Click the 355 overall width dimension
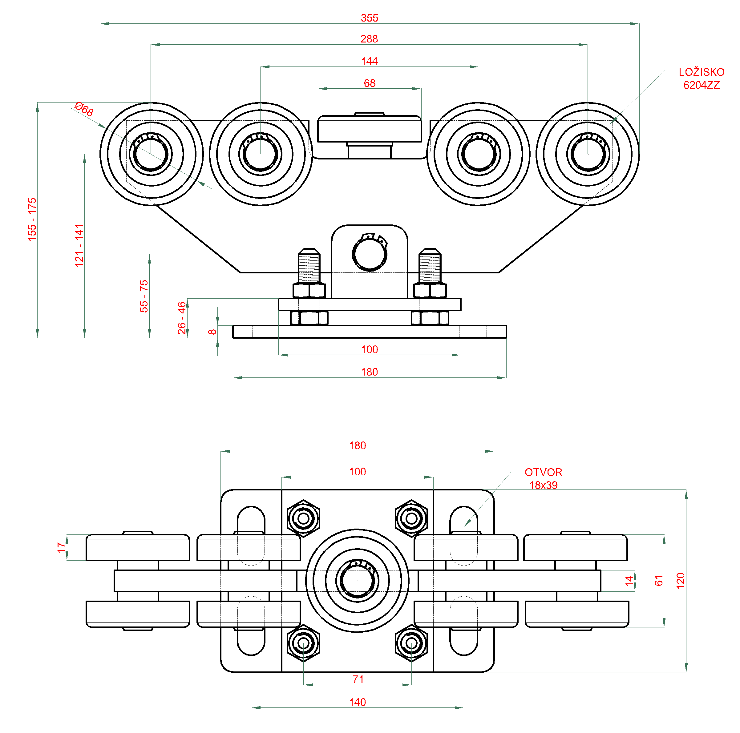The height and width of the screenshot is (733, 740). coord(369,18)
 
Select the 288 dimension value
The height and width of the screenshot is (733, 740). coord(369,39)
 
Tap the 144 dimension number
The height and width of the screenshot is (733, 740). coord(369,61)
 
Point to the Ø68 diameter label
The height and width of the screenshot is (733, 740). coord(84,109)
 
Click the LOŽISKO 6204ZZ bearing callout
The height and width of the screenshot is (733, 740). coord(701,79)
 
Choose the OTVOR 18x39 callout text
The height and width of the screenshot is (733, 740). coord(543,479)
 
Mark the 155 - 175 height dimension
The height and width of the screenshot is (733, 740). coord(32,219)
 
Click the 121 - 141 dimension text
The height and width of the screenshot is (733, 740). coord(79,245)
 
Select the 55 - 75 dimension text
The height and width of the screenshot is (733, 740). coord(144,296)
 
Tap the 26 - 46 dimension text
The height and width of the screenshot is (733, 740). coord(182,318)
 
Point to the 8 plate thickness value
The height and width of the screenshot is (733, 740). coord(212,332)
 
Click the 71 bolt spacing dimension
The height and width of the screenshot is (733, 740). coord(358,679)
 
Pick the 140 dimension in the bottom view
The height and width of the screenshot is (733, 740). coord(357,702)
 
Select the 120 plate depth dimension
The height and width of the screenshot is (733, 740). coord(680,581)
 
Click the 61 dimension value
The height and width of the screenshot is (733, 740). coord(658,581)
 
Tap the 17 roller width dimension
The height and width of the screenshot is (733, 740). coord(61,547)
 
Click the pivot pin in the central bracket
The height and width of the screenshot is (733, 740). coord(369,254)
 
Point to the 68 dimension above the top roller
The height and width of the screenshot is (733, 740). coord(369,83)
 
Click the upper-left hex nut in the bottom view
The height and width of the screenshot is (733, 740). coord(303,518)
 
